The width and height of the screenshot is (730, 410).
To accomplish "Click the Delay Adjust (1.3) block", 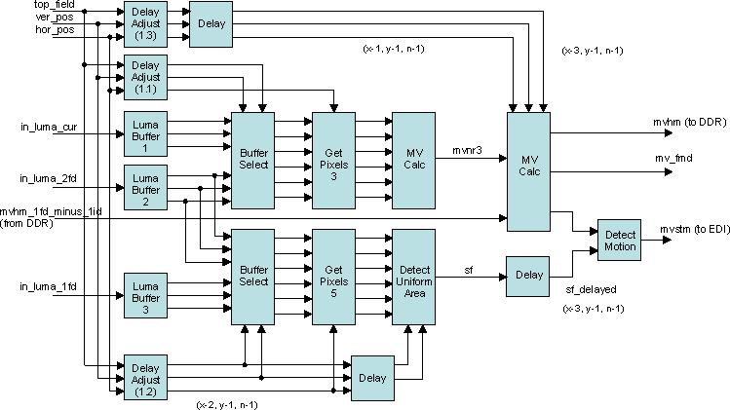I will (x=143, y=22).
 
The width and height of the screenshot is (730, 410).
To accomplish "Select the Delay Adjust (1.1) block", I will (x=143, y=76).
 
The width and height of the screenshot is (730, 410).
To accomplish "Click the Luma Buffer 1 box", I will (x=143, y=133).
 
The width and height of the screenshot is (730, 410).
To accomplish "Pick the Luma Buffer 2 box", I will (x=143, y=186).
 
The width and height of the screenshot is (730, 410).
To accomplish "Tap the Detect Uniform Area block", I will (x=413, y=277).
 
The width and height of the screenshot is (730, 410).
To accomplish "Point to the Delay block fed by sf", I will (x=529, y=276).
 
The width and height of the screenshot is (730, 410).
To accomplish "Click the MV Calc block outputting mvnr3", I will (x=413, y=161).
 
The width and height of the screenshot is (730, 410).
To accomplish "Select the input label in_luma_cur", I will (x=50, y=127).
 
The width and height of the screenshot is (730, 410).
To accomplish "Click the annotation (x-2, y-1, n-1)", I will (x=227, y=402).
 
